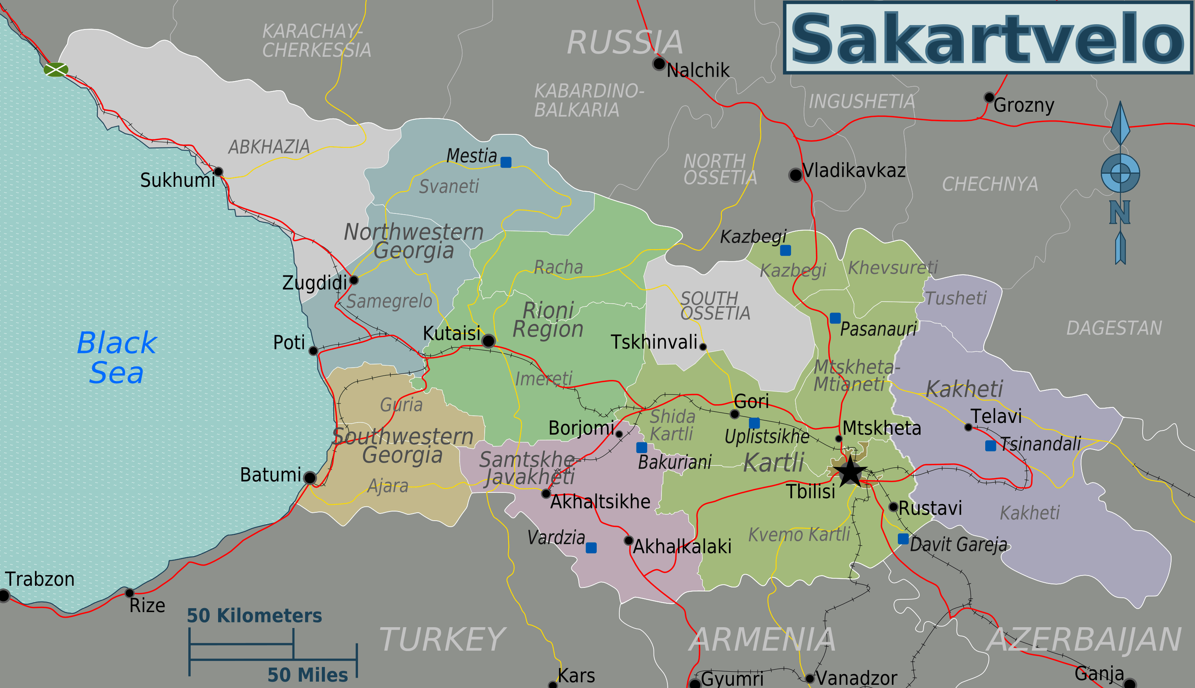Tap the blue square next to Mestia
(506, 162)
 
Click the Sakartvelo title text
(987, 39)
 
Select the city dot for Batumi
(310, 477)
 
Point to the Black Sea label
(117, 357)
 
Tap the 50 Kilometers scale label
(254, 616)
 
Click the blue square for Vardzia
(591, 548)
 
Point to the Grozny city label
(1023, 105)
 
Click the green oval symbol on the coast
(56, 70)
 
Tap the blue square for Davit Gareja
(903, 539)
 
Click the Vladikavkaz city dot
(795, 175)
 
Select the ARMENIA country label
(762, 640)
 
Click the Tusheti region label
(955, 298)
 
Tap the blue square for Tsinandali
(990, 446)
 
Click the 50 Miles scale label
(307, 675)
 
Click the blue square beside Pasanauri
(835, 318)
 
